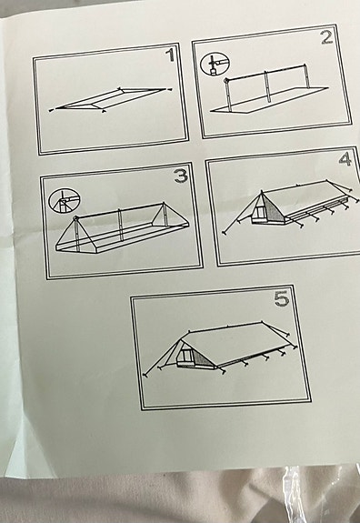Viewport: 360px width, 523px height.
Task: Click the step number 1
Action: tap(170, 55)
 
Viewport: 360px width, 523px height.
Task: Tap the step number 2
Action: tap(327, 36)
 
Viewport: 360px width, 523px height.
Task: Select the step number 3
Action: tap(181, 176)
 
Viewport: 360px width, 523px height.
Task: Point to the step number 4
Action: tap(345, 158)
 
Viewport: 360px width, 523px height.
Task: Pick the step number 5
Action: tap(282, 298)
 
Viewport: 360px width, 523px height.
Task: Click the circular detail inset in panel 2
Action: tap(215, 63)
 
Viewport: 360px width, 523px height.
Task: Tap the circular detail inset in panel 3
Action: tap(65, 201)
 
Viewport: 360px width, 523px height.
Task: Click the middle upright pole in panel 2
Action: tap(266, 86)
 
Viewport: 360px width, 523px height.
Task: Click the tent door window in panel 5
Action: tap(186, 354)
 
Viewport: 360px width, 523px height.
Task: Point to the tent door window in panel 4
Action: tap(259, 211)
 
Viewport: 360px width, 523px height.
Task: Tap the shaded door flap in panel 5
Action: tap(203, 357)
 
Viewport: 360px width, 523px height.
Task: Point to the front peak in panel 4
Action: tap(262, 192)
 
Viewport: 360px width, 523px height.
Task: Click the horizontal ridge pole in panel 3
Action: tap(120, 210)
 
